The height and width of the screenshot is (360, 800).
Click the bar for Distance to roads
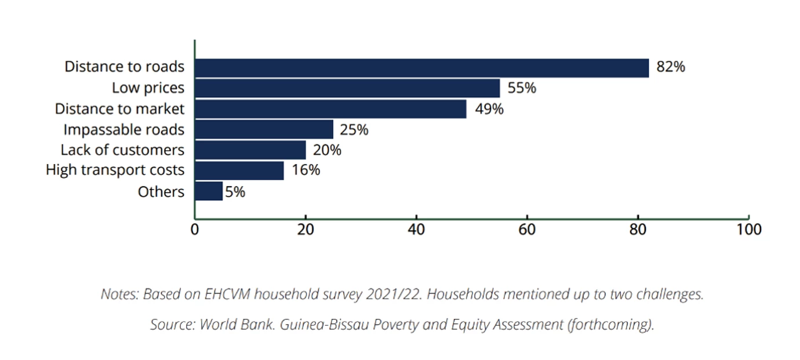tap(422, 68)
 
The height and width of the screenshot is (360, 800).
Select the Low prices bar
tap(347, 88)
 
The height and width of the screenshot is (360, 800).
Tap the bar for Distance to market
tap(330, 109)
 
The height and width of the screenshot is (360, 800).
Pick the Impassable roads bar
tap(264, 129)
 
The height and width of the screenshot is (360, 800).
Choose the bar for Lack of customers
tap(250, 150)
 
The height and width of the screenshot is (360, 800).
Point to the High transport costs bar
tap(239, 170)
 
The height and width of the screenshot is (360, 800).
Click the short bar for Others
tap(209, 191)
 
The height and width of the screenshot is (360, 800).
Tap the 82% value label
tap(671, 67)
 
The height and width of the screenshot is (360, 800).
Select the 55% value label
tap(522, 88)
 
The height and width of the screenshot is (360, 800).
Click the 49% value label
tap(489, 109)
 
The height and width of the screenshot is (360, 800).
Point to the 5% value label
tap(235, 192)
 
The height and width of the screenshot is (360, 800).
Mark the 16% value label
tap(306, 170)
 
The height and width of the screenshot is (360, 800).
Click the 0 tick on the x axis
tap(195, 230)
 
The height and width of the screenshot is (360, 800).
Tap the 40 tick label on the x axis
tap(416, 230)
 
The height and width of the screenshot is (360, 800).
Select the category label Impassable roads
tap(124, 130)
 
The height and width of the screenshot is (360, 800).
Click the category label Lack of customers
tap(122, 150)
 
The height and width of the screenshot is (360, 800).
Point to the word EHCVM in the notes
tap(227, 294)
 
